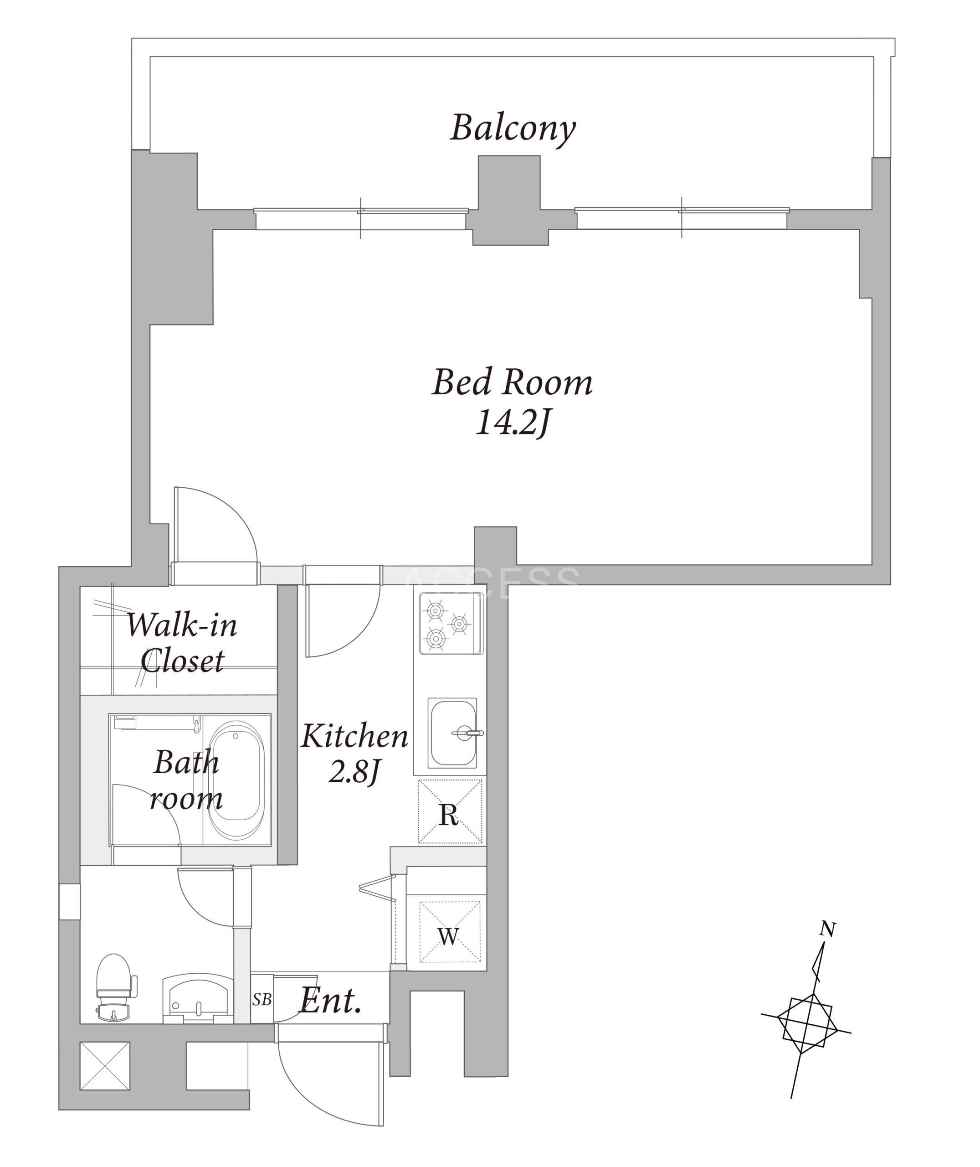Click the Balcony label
pyautogui.click(x=512, y=129)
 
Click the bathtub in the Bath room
pyautogui.click(x=236, y=780)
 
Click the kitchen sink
pyautogui.click(x=453, y=733)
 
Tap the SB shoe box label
pyautogui.click(x=262, y=1000)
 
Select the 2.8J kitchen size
pyautogui.click(x=354, y=772)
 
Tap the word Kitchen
pyautogui.click(x=354, y=736)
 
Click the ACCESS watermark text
pyautogui.click(x=492, y=583)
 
